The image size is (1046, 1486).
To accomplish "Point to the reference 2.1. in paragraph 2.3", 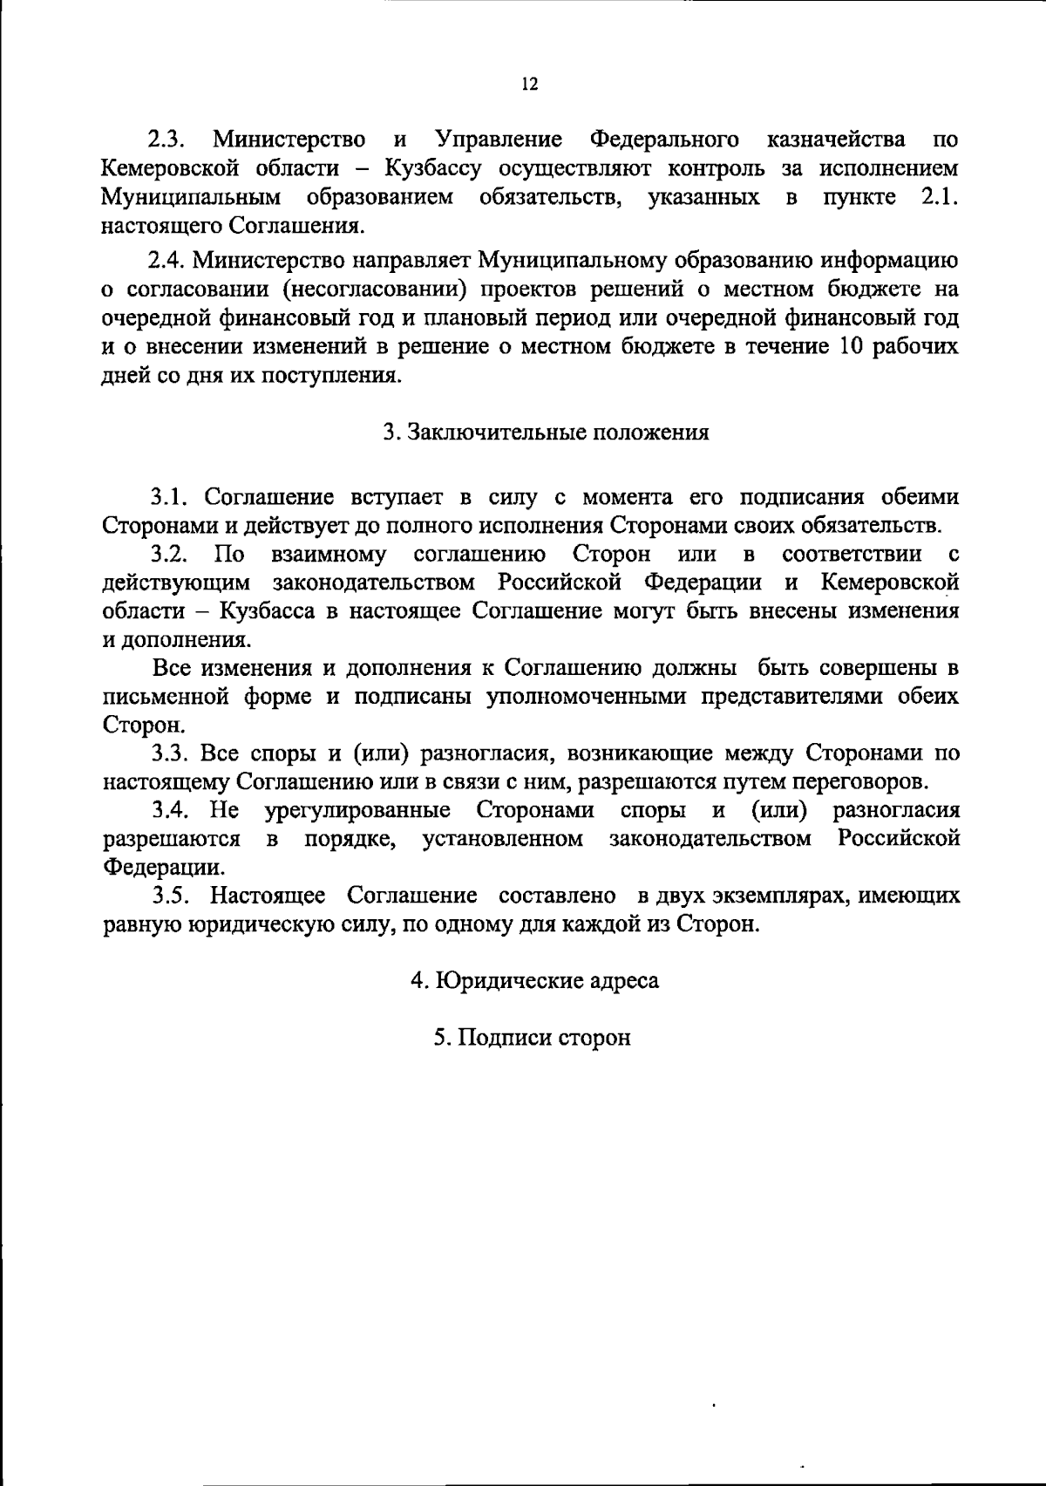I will tap(940, 197).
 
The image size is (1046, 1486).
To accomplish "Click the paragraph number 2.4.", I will tap(168, 261).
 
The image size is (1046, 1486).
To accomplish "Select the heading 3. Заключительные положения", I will tap(547, 433).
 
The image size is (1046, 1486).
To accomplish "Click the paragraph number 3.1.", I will tap(170, 497).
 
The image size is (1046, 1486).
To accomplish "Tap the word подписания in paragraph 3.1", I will tap(793, 497).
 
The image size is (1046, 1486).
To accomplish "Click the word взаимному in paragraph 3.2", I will tap(329, 555).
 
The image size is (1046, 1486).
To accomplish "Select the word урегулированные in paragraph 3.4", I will tap(357, 811).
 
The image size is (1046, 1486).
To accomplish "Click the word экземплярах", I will tap(771, 896).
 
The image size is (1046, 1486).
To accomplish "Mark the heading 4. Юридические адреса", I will tap(534, 980).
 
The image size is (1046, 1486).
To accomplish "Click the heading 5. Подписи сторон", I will tap(532, 1038).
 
